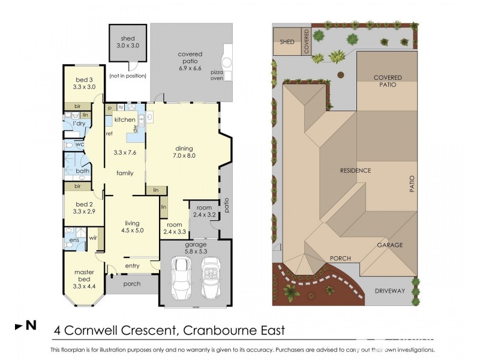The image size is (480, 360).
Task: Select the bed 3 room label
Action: click(84, 83)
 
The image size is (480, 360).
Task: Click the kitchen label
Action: click(125, 119)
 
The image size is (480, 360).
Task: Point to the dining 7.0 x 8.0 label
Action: click(185, 152)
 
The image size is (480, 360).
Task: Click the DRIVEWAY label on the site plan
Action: click(389, 290)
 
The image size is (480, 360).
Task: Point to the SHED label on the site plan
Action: click(287, 42)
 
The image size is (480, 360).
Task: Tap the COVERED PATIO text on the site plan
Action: click(388, 82)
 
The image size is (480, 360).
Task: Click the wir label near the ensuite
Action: click(93, 238)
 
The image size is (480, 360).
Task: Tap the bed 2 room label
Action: click(84, 208)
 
